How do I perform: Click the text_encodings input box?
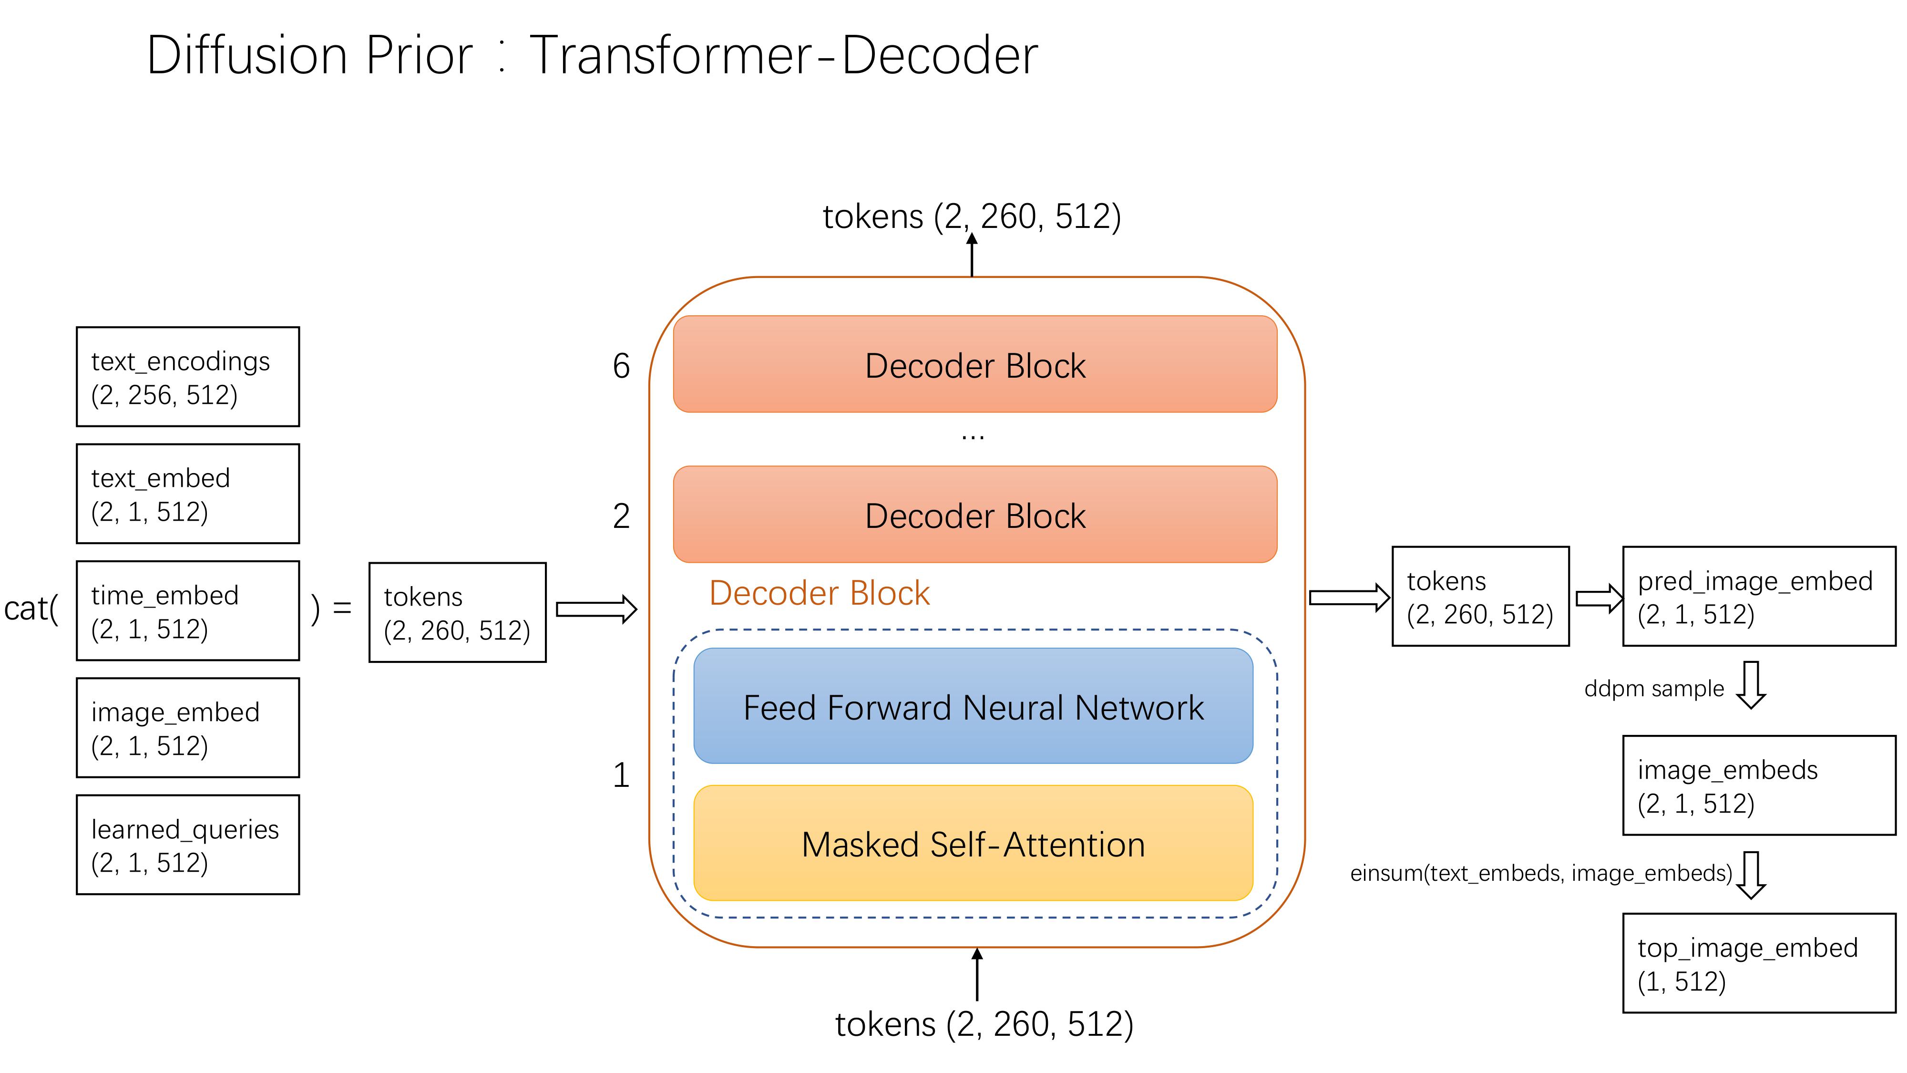point(187,377)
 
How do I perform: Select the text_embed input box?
point(187,494)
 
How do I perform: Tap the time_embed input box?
point(187,611)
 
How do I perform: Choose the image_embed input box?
point(187,728)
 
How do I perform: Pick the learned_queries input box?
point(187,845)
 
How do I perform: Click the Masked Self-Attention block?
point(973,844)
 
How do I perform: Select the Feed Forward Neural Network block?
point(973,706)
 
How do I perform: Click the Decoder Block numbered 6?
point(974,364)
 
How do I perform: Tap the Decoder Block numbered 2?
point(974,515)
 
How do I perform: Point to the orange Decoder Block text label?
point(819,593)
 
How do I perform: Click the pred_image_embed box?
point(1759,597)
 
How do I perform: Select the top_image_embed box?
point(1759,963)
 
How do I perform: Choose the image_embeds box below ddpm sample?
point(1759,786)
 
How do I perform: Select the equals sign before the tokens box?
point(342,609)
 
